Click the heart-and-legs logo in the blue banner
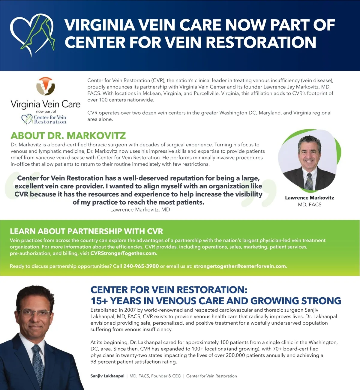pos(32,34)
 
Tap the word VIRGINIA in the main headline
pos(99,25)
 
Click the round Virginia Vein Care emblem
pos(46,86)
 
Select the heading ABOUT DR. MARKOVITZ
pos(68,136)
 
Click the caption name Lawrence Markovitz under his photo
pos(309,198)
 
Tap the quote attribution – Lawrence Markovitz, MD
pos(138,210)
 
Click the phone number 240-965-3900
pos(141,266)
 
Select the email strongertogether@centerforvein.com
pos(240,266)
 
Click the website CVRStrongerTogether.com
pos(124,253)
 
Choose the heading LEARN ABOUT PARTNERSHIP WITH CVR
pos(86,231)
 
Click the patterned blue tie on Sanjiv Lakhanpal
pos(38,363)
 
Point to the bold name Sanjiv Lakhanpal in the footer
pos(107,376)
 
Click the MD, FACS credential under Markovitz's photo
pos(310,205)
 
